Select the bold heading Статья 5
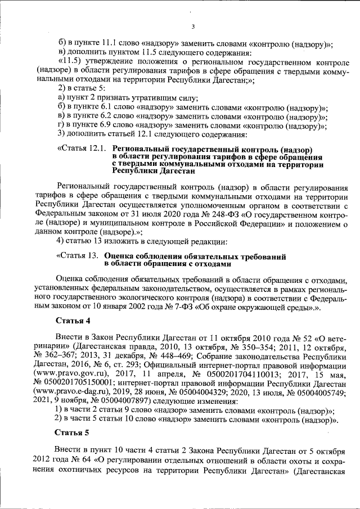click(x=72, y=433)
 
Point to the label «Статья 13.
click(x=78, y=256)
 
